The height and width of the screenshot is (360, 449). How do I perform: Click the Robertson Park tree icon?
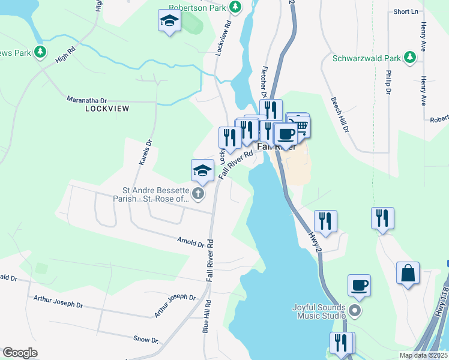pos(237,7)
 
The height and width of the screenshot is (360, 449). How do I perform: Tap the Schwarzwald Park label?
pos(367,59)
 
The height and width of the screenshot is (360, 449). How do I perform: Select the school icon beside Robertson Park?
pos(169,21)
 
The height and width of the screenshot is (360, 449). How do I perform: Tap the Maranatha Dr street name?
pos(86,100)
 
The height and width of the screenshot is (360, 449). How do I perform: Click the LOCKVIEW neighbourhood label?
pos(107,109)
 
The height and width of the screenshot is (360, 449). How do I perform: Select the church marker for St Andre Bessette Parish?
pos(198,193)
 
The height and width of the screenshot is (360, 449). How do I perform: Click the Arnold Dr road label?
pos(191,242)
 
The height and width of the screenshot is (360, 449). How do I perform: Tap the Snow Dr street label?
pos(146,340)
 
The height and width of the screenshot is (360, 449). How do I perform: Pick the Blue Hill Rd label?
pos(206,316)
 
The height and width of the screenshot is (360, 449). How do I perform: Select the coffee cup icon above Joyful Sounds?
pos(359,286)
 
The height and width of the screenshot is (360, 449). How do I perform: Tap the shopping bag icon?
pos(408,273)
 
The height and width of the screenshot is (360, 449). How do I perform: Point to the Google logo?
pos(20,352)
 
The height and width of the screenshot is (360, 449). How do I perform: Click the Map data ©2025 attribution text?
pos(424,355)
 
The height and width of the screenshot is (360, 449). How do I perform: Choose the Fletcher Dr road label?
pos(263,82)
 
